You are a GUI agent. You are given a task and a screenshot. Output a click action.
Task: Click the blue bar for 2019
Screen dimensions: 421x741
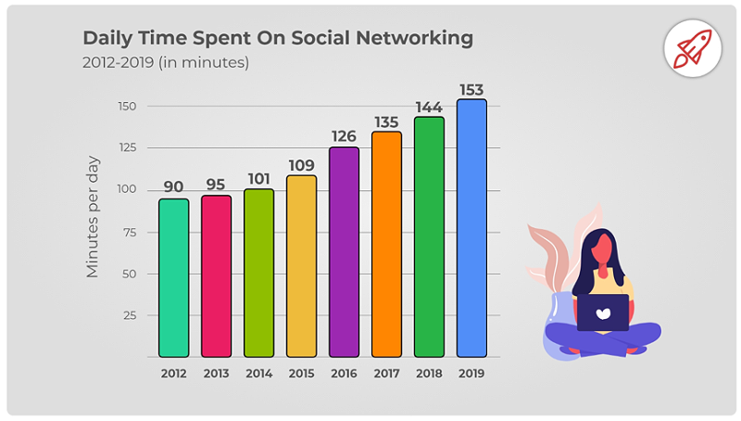(471, 228)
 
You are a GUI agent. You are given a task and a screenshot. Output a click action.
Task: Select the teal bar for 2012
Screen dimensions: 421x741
(173, 278)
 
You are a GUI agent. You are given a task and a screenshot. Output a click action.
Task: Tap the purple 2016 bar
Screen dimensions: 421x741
(344, 252)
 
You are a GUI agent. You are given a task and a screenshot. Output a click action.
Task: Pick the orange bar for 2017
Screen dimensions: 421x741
(386, 245)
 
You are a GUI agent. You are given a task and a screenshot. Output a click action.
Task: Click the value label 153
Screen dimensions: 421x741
(471, 89)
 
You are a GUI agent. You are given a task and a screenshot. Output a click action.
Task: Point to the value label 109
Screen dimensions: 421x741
(301, 165)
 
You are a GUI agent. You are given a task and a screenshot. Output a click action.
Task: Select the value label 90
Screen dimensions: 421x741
(173, 186)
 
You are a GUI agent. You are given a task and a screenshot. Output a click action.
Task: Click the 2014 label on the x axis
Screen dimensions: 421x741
(258, 374)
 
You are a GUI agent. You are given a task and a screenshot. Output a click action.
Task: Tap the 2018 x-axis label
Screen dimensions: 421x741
(429, 374)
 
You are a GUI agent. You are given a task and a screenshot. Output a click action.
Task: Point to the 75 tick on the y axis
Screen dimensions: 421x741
(128, 232)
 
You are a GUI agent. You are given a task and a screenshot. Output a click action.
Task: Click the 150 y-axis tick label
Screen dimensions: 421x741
(126, 107)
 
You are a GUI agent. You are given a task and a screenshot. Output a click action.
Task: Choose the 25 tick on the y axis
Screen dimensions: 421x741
(128, 315)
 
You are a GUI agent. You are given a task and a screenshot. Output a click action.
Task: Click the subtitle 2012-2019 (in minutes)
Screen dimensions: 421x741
(166, 63)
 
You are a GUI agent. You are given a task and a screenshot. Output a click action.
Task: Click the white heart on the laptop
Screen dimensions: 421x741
(602, 313)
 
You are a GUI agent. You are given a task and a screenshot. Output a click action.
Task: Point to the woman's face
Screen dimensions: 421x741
(603, 249)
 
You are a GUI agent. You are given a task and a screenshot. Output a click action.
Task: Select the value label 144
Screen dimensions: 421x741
(429, 107)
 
